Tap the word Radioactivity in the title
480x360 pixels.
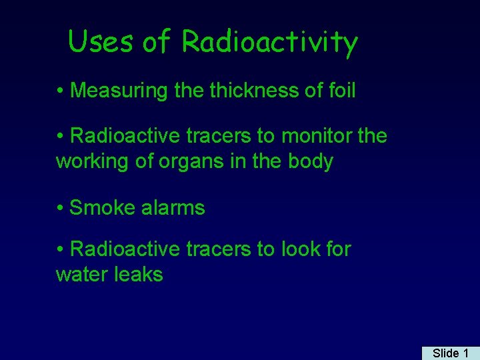[270, 43]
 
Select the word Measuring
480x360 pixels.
[119, 91]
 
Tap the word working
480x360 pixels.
[94, 162]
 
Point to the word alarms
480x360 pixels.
[172, 208]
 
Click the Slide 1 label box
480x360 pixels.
[450, 353]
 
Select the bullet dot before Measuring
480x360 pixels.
[61, 91]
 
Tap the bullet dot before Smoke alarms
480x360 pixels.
[61, 208]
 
